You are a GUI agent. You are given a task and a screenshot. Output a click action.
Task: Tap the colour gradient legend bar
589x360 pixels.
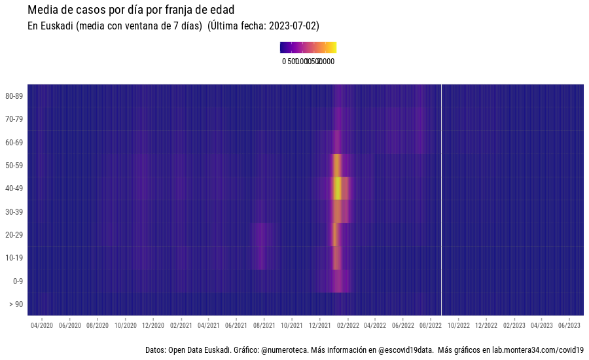pyautogui.click(x=308, y=47)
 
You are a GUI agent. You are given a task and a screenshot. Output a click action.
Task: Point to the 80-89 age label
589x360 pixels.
pyautogui.click(x=14, y=96)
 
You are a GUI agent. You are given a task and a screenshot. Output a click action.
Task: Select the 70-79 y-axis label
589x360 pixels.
pyautogui.click(x=14, y=119)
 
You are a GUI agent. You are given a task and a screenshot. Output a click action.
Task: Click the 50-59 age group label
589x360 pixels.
pyautogui.click(x=14, y=166)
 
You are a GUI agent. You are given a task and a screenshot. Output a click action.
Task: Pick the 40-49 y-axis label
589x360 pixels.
pyautogui.click(x=14, y=189)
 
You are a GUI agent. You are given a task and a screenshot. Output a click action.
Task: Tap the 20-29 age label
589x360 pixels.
pyautogui.click(x=14, y=235)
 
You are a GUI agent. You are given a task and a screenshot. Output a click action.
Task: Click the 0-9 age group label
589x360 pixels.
pyautogui.click(x=17, y=281)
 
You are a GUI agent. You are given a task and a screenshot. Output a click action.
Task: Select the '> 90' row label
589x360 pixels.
pyautogui.click(x=16, y=304)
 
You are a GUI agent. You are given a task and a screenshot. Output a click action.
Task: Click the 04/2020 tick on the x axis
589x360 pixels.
pyautogui.click(x=42, y=325)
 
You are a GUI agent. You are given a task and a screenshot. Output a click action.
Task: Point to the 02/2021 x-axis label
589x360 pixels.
pyautogui.click(x=181, y=325)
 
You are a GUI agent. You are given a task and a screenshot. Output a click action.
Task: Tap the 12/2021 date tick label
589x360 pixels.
pyautogui.click(x=319, y=325)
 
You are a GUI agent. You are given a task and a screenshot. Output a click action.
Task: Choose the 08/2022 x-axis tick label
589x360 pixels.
pyautogui.click(x=430, y=325)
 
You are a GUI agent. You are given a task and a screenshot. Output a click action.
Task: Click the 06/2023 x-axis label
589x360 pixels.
pyautogui.click(x=569, y=325)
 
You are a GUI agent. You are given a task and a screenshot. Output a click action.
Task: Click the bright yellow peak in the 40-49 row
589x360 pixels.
pyautogui.click(x=338, y=189)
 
